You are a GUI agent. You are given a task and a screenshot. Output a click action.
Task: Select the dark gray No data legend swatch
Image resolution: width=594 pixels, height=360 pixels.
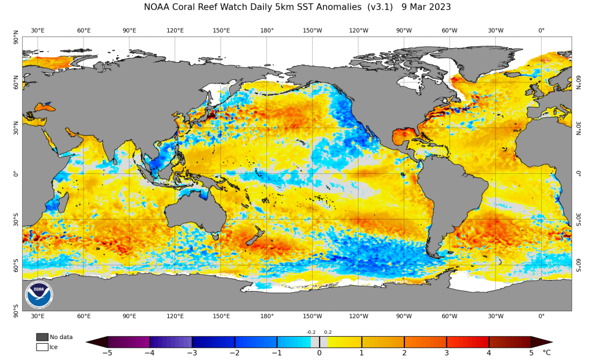(42, 337)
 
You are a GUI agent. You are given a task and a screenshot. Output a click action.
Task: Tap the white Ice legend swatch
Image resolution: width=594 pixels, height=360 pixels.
(42, 347)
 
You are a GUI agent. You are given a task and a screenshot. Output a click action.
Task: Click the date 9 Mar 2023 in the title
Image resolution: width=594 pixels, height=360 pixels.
(426, 7)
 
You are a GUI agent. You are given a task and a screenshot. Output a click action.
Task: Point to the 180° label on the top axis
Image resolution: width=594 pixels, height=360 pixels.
(267, 30)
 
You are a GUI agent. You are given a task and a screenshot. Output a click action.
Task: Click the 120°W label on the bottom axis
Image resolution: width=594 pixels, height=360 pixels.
(358, 316)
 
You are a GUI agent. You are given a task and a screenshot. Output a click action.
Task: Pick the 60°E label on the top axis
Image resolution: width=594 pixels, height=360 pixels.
(84, 30)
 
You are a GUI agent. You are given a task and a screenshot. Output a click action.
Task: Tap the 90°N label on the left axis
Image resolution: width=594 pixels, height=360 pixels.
(16, 40)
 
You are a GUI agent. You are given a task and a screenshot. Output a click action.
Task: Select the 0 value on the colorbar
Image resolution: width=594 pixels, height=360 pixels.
(319, 352)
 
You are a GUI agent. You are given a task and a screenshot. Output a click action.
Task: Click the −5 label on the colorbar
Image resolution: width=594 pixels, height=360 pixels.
(107, 352)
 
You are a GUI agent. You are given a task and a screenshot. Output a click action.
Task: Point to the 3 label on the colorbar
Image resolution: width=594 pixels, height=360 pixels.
(447, 352)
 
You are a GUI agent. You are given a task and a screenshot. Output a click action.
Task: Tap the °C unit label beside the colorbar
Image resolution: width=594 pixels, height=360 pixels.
(546, 352)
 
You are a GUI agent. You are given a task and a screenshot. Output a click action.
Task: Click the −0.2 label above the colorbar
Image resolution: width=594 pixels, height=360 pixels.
(311, 332)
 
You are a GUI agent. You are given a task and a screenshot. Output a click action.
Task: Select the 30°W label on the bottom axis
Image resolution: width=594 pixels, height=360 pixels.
(495, 316)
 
